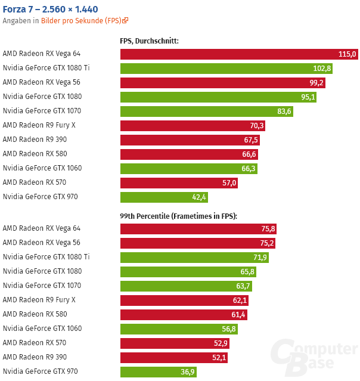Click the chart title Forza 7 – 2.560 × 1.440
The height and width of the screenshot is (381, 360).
click(x=51, y=9)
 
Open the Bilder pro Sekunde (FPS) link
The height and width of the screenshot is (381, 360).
click(x=84, y=20)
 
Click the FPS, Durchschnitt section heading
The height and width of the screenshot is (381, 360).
click(x=150, y=41)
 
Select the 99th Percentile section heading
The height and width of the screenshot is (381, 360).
click(x=179, y=216)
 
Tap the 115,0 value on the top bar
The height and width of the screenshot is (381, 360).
click(x=347, y=54)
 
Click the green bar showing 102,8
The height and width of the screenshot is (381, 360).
click(x=226, y=69)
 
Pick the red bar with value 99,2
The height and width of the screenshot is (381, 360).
click(x=222, y=83)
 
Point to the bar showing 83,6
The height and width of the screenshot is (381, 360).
click(x=206, y=111)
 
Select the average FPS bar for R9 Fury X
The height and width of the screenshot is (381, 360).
click(x=192, y=126)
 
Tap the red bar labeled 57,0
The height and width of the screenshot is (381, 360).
click(x=179, y=183)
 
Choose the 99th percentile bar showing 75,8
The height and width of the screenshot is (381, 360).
click(x=198, y=229)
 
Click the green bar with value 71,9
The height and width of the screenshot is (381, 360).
click(x=194, y=258)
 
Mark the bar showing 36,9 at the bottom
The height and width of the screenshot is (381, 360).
click(x=158, y=372)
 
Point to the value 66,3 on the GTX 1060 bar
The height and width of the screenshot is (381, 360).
click(x=249, y=169)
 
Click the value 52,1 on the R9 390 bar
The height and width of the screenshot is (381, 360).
click(x=219, y=358)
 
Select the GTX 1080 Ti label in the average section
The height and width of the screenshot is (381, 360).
click(x=46, y=68)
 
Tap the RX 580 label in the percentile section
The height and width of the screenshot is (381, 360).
click(x=35, y=314)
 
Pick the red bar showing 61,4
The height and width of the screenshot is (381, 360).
click(x=184, y=315)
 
